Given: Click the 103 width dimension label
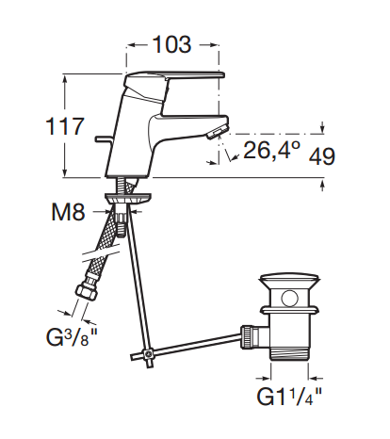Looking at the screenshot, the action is tap(171, 44).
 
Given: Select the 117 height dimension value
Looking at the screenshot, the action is tap(65, 126).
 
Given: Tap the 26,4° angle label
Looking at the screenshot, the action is tap(271, 150).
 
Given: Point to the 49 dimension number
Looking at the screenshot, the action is tap(322, 155).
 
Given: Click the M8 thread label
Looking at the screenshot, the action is tap(68, 212).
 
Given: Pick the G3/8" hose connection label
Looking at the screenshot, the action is tap(72, 336).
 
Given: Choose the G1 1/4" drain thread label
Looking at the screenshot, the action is tap(289, 397).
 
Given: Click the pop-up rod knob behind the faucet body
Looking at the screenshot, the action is tap(103, 138).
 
